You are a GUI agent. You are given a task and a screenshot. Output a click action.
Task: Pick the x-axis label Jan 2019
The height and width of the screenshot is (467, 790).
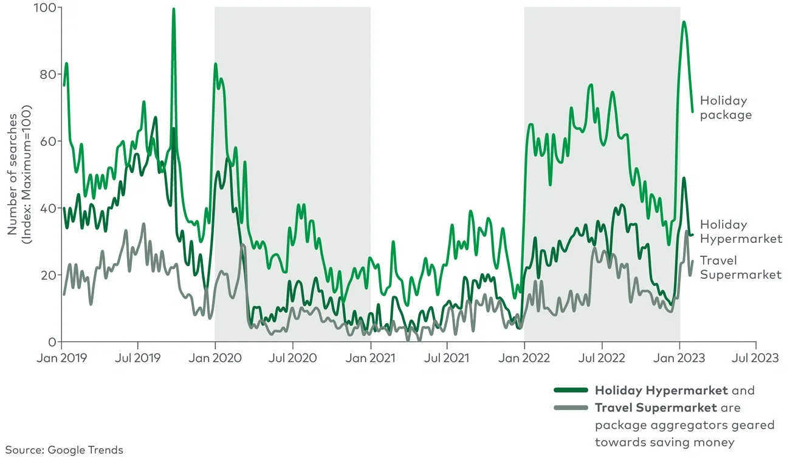coord(61,358)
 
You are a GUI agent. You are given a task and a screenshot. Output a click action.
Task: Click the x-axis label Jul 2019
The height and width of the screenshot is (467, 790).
coord(138,358)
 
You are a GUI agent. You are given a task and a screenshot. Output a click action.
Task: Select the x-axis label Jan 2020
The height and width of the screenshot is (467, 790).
coord(215,358)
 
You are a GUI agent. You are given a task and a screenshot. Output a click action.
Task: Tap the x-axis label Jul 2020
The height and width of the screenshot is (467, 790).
coord(293,358)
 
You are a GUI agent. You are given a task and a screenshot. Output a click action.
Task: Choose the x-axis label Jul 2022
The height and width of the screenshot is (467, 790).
coord(602,358)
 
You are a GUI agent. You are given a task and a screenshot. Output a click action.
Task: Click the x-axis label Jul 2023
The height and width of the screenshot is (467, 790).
coord(756,358)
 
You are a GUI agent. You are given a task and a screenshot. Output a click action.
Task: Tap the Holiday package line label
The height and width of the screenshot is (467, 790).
coord(726,107)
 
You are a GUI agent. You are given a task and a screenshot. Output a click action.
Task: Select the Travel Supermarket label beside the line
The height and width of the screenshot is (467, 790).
coord(741,268)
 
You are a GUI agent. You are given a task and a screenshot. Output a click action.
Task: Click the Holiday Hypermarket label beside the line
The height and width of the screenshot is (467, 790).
coord(741,231)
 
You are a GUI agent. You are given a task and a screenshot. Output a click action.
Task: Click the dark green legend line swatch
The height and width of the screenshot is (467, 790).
coord(571,390)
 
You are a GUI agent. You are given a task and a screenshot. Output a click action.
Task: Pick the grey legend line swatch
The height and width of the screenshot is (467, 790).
coord(571,407)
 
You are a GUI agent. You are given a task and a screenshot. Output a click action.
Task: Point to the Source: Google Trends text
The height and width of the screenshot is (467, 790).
coord(64,450)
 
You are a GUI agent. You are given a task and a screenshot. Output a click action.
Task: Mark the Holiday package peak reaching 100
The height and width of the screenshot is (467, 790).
coord(174,10)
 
